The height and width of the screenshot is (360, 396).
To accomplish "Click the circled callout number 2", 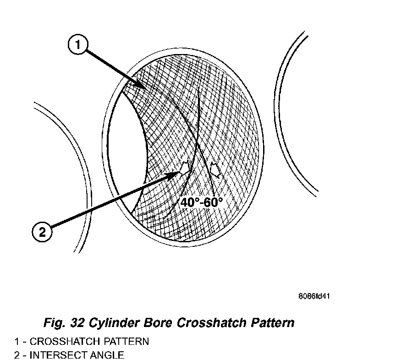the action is (x=43, y=232).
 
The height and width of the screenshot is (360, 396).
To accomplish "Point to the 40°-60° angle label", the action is (x=201, y=202).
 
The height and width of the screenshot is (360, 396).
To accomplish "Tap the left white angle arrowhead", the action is (x=185, y=169).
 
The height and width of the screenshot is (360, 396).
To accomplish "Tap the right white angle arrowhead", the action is (x=214, y=169).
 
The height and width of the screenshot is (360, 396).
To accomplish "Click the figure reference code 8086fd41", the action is (x=314, y=296).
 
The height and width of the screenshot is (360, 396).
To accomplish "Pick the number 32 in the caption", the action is (x=77, y=322).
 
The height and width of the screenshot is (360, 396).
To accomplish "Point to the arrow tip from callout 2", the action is (x=179, y=173).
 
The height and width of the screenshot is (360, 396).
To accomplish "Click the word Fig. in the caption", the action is (x=54, y=322).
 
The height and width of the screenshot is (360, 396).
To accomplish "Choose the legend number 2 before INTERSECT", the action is (x=17, y=355).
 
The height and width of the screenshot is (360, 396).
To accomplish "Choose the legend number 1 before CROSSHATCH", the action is (x=17, y=341).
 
